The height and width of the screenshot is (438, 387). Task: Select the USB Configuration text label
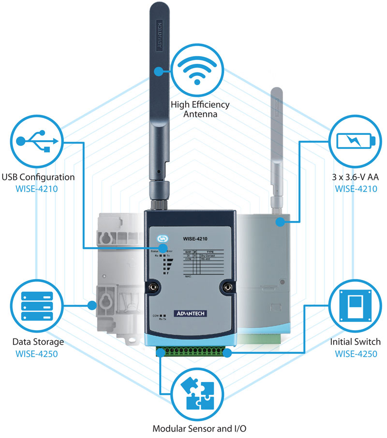pos(38,177)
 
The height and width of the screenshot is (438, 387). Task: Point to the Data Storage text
pos(38,342)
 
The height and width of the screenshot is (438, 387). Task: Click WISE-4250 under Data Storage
pos(39,353)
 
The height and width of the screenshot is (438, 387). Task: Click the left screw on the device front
pos(155,287)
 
